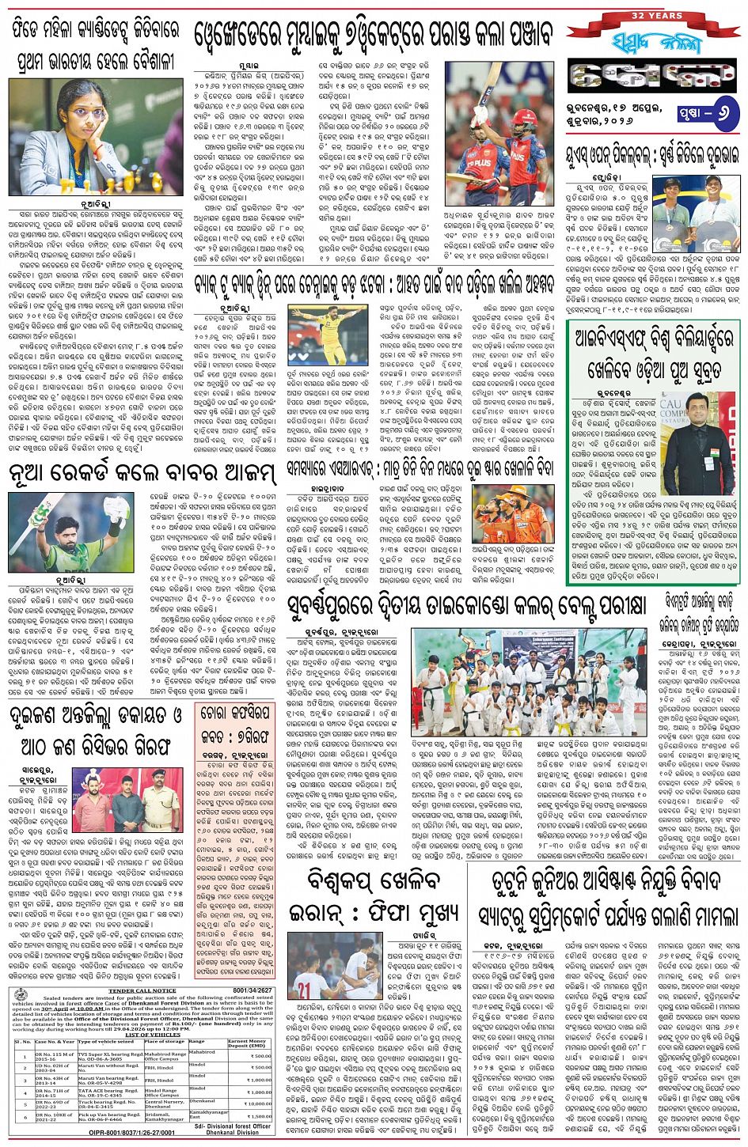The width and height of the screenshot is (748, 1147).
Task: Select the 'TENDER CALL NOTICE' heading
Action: coord(142,990)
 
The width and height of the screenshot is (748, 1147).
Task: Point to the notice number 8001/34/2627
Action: coord(252,990)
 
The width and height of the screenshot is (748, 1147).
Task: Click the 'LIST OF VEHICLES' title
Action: coord(153,1035)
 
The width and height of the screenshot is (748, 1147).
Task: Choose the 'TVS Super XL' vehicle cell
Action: coord(110,1054)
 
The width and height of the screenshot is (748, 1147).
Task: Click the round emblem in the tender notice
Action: coord(21,994)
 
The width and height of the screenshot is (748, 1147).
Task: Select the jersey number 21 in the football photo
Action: coord(303,990)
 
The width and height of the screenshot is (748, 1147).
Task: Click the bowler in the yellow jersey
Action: coord(325,332)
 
